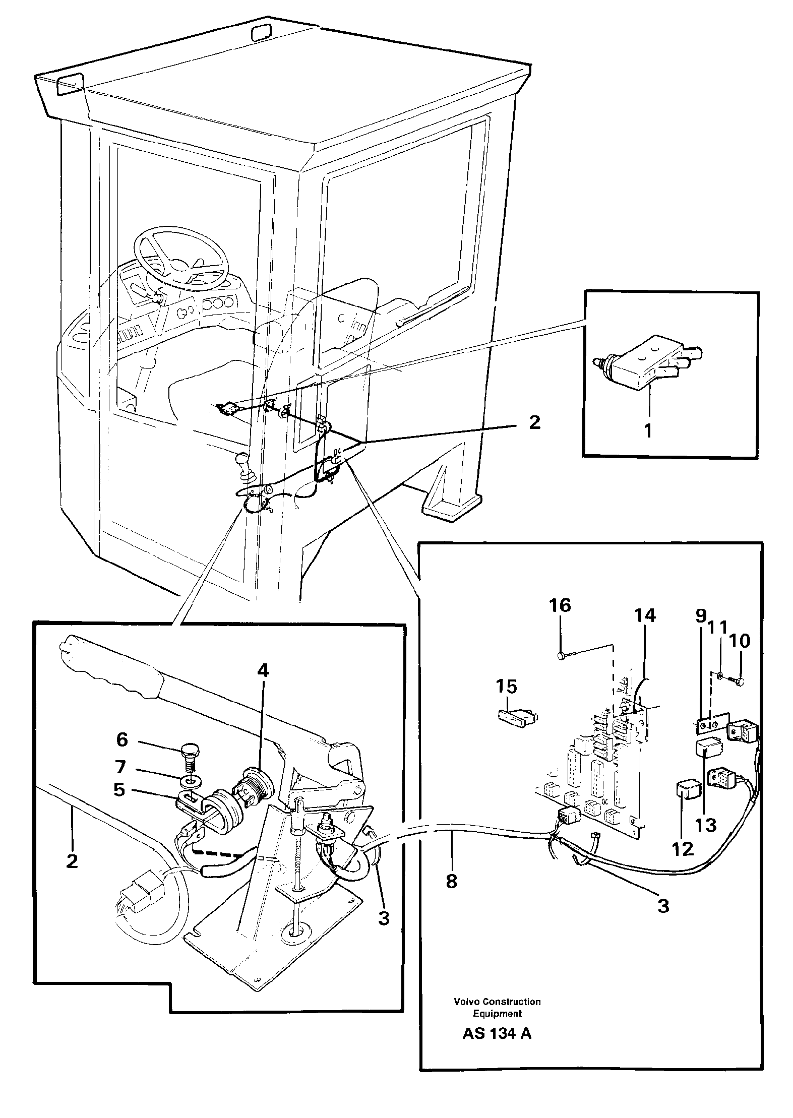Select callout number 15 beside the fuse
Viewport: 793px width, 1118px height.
tap(507, 687)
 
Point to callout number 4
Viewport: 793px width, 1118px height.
tap(263, 670)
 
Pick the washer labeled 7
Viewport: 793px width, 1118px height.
tap(191, 781)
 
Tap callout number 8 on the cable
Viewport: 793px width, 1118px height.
tap(451, 881)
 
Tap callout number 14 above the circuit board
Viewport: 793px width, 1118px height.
tap(645, 615)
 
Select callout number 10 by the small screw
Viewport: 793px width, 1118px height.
tap(740, 641)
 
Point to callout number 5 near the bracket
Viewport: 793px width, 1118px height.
tap(119, 789)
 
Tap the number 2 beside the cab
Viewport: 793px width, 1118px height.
tap(534, 422)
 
